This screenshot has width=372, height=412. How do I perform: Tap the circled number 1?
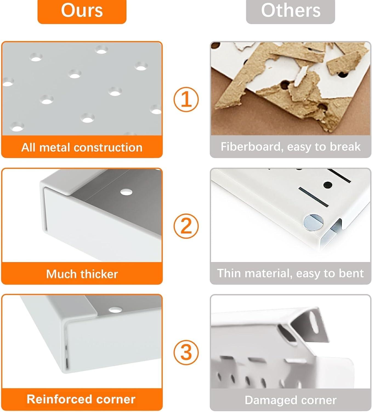tap(186, 99)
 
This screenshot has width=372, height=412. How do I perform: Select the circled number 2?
tap(186, 226)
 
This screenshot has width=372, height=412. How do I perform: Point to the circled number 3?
tap(186, 352)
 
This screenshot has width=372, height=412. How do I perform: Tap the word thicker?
tap(99, 274)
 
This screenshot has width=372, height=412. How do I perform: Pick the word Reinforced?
tap(60, 399)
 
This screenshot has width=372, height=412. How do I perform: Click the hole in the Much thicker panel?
tap(126, 192)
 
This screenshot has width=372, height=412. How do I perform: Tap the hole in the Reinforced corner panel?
tap(115, 310)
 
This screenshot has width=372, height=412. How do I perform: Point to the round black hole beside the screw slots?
tap(328, 185)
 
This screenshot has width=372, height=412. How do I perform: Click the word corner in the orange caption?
tap(116, 399)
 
